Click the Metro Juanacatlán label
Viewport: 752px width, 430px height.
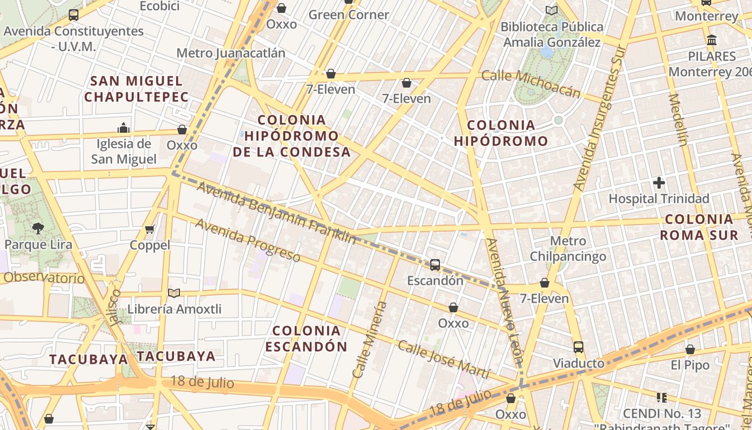230,53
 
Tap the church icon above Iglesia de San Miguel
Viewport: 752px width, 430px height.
124,128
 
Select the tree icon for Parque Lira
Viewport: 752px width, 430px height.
38,228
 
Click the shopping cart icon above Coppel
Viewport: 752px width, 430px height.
150,230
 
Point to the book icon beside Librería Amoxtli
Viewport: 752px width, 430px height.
173,293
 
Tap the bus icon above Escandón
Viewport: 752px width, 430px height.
435,264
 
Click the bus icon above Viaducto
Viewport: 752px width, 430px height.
578,347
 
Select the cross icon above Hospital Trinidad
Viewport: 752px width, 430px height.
659,183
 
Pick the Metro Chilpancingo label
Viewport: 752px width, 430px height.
568,249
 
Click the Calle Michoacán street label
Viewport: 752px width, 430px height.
531,83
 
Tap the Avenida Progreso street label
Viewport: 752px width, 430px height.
248,240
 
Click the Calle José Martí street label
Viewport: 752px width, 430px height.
444,360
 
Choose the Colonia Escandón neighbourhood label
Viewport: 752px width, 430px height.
306,339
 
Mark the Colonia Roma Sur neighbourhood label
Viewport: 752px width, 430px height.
699,227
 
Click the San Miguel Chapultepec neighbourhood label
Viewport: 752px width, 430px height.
136,89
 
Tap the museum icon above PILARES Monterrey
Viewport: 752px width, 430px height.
712,40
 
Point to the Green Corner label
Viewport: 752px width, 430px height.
349,15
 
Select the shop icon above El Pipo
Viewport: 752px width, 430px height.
690,350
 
